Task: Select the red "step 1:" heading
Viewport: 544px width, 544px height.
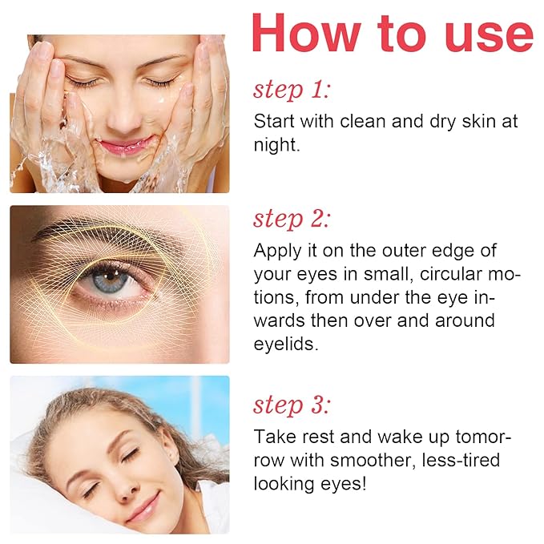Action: [x=292, y=90]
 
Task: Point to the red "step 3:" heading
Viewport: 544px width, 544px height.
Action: [x=292, y=405]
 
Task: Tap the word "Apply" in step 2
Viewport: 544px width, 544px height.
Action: [x=276, y=250]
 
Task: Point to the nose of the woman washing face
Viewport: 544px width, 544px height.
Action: [x=123, y=112]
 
